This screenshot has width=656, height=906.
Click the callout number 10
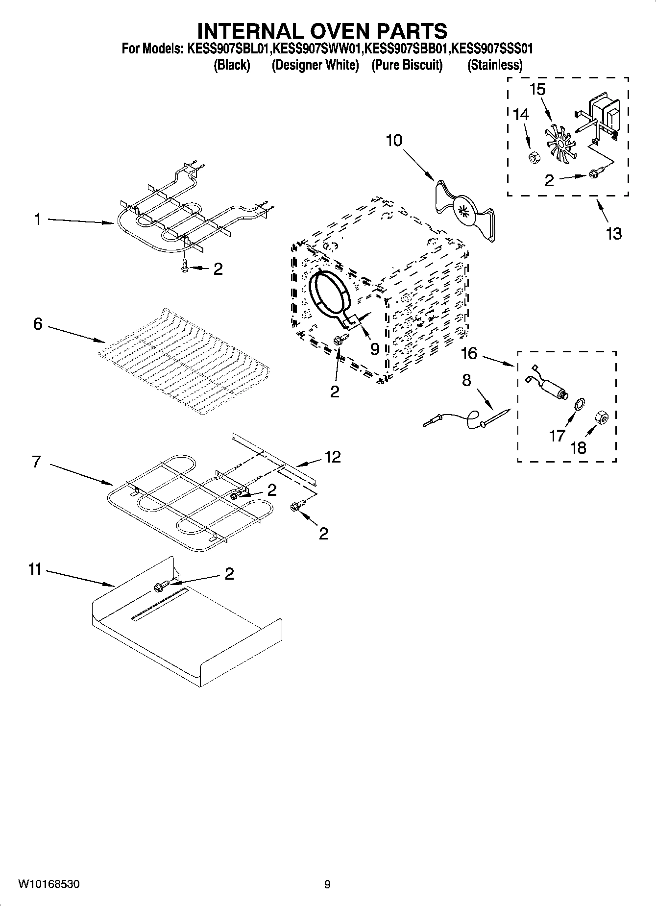(393, 140)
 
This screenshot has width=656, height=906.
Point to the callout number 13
(613, 233)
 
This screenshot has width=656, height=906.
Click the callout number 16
(469, 353)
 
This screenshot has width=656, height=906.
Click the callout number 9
(374, 349)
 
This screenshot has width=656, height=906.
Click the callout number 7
(36, 462)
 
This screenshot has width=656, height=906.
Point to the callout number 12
(332, 457)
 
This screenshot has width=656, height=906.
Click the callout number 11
(35, 570)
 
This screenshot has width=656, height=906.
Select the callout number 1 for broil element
(37, 219)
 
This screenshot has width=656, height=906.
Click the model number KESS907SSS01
(491, 49)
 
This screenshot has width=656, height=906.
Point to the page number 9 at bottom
(327, 884)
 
